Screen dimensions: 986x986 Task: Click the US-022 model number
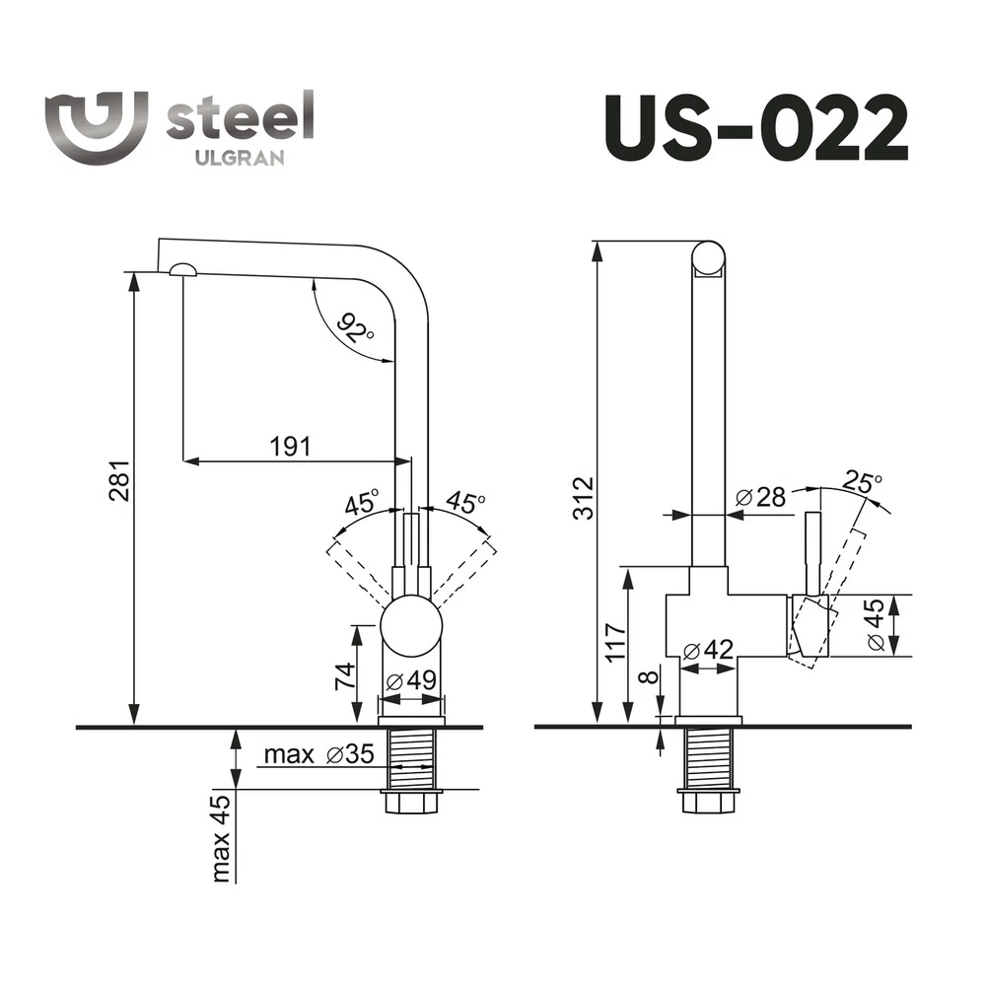point(756,129)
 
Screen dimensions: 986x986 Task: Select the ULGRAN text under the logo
point(240,158)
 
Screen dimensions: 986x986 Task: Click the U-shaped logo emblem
point(97,126)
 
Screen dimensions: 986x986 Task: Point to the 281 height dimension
point(119,480)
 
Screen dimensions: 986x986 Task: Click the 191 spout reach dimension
point(291,447)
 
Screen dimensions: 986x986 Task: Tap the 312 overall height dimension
point(584,498)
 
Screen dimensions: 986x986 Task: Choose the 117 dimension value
point(615,642)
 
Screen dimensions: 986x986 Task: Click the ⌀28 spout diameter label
point(761,497)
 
